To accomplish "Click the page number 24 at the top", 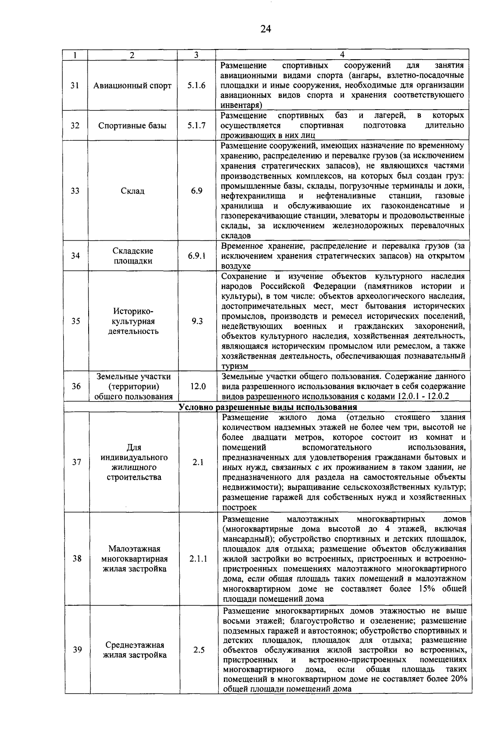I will tap(265, 29).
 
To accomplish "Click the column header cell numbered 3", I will tap(196, 55).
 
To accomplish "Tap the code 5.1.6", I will tap(197, 85).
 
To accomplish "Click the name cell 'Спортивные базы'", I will tap(132, 125).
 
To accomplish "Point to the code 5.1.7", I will tap(197, 125).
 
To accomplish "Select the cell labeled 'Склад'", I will tap(132, 191).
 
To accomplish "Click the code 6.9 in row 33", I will tap(197, 191).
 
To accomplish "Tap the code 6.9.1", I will tap(197, 256).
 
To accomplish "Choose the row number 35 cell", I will tap(76, 321).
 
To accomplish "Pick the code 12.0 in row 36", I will tap(197, 386).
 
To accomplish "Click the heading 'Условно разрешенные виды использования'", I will tap(268, 407).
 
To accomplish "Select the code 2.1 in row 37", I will tap(198, 462).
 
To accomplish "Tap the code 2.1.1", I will tap(198, 559).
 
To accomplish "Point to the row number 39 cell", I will tap(77, 649).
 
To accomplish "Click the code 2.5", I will tap(199, 650).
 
